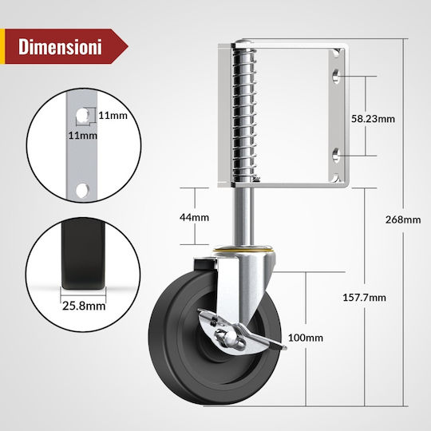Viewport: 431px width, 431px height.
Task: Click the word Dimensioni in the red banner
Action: pyautogui.click(x=60, y=46)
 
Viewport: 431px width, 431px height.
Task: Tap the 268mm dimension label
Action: pyautogui.click(x=403, y=219)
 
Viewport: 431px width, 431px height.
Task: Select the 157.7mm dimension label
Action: pyautogui.click(x=364, y=298)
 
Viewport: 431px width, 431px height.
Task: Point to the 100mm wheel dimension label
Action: pyautogui.click(x=306, y=338)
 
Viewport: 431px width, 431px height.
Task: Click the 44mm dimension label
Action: pyautogui.click(x=194, y=217)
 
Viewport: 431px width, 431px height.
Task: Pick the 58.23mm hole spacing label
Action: pyautogui.click(x=373, y=119)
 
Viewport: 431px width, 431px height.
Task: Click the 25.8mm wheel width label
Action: pyautogui.click(x=84, y=306)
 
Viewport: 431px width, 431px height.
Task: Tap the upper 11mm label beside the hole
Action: pyautogui.click(x=113, y=116)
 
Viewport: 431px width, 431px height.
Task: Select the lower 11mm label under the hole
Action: pyautogui.click(x=83, y=136)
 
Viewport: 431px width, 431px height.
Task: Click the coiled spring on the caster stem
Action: pyautogui.click(x=244, y=114)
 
